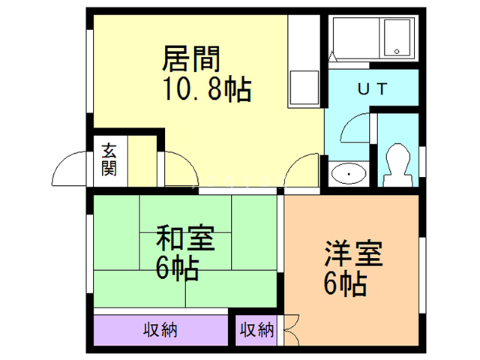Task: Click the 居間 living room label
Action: click(191, 58)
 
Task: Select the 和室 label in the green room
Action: click(184, 241)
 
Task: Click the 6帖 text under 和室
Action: click(178, 268)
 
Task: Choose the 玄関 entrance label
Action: click(109, 159)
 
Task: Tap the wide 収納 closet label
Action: click(160, 330)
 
